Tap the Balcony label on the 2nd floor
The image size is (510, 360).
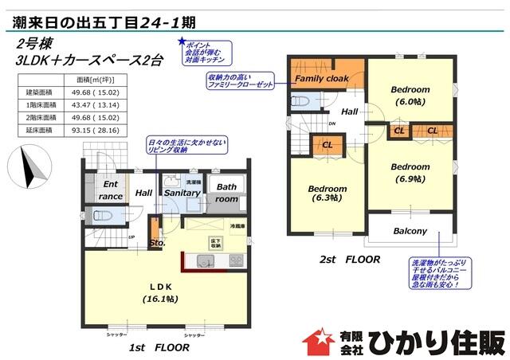[x=410, y=232]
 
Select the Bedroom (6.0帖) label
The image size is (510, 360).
[x=411, y=96]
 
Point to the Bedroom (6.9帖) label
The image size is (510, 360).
[x=411, y=172]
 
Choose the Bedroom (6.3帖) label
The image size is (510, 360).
[x=328, y=193]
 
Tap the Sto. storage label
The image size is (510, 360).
[x=157, y=242]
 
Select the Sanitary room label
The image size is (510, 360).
[x=182, y=193]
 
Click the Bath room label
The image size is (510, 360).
[x=226, y=193]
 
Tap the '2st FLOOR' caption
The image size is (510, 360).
[x=350, y=260]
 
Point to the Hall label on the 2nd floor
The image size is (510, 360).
[x=350, y=112]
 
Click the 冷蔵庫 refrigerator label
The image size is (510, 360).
[x=237, y=227]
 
